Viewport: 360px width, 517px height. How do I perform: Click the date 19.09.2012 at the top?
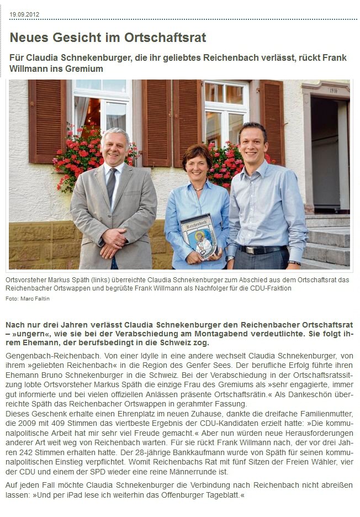[x=24, y=14]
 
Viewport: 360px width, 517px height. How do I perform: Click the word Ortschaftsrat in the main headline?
[x=171, y=38]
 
